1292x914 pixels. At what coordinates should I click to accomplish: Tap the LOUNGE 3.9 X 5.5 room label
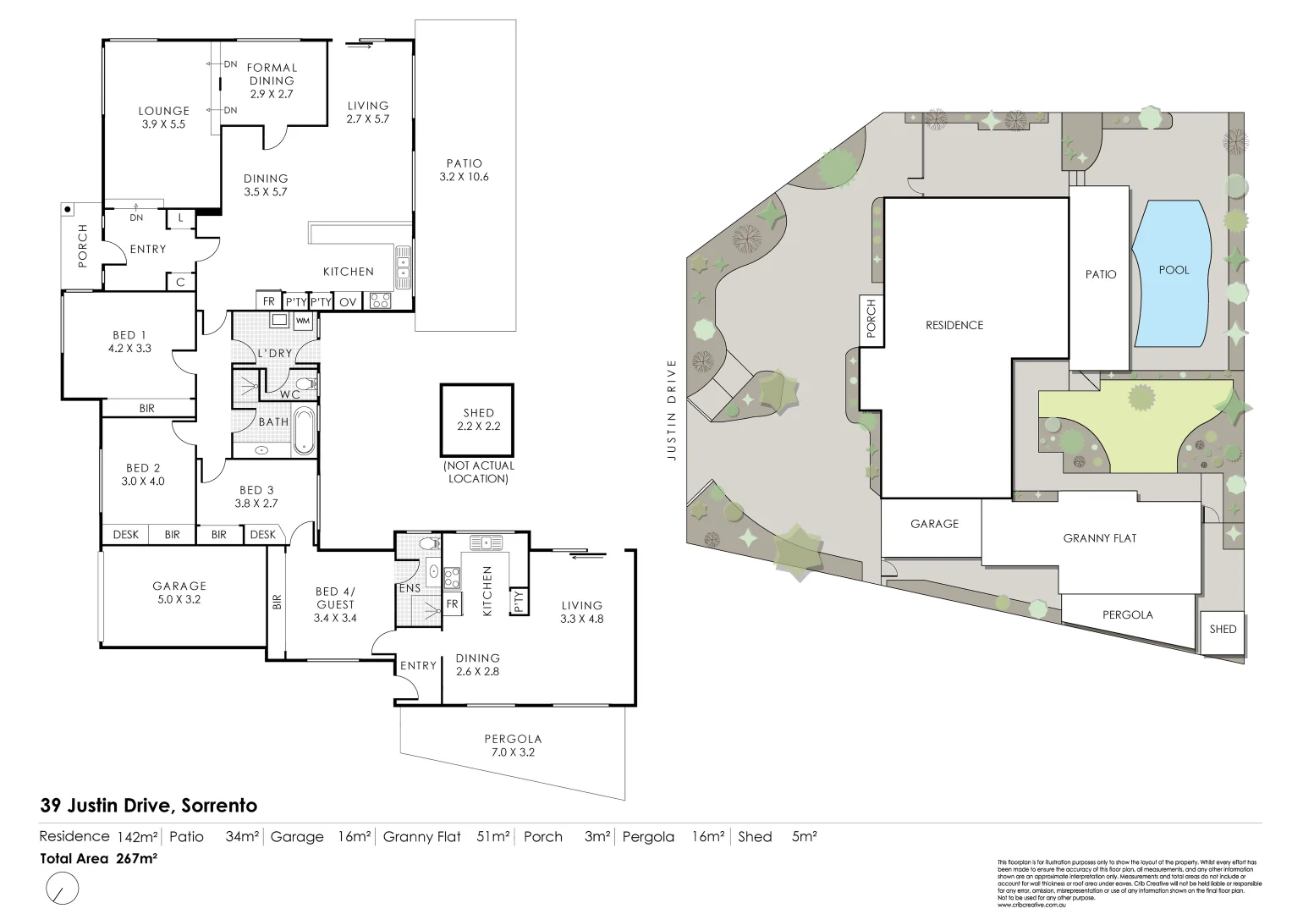(164, 117)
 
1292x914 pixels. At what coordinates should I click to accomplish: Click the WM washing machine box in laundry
(303, 321)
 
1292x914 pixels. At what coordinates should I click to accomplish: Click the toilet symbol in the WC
(309, 385)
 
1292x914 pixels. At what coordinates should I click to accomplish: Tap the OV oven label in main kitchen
(348, 301)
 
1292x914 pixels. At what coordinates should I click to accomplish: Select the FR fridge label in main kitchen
(269, 301)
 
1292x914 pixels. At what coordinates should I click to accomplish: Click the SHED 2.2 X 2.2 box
(478, 420)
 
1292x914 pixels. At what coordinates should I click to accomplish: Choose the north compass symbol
(62, 889)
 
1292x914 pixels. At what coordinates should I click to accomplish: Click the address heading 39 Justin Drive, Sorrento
(149, 806)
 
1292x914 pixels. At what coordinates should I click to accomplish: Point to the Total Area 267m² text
(99, 857)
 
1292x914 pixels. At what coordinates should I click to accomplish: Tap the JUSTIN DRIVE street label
(673, 410)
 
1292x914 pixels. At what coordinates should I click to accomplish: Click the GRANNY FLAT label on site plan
(1099, 538)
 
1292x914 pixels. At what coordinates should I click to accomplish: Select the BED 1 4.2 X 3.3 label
(130, 341)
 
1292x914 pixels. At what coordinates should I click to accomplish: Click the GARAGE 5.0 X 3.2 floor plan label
(179, 592)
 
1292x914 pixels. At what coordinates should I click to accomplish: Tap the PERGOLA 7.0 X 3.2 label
(514, 745)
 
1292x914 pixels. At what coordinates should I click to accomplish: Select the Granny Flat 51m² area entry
(446, 837)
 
